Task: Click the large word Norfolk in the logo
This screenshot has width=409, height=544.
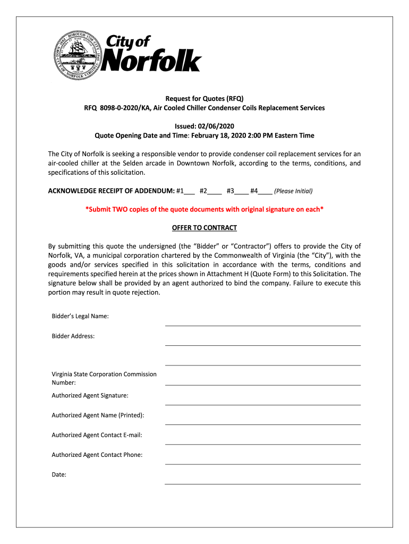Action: coord(151,61)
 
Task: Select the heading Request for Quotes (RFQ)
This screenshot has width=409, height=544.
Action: coord(204,98)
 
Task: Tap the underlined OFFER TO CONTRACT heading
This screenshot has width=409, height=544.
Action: coord(204,228)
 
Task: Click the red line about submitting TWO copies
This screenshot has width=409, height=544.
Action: coord(204,209)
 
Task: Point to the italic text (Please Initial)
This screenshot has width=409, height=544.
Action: coord(293,191)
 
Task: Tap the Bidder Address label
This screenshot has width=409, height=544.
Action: coord(73,336)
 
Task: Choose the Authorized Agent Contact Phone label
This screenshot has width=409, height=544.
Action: coord(97,455)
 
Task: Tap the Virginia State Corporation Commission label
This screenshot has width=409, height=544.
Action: coord(104,374)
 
